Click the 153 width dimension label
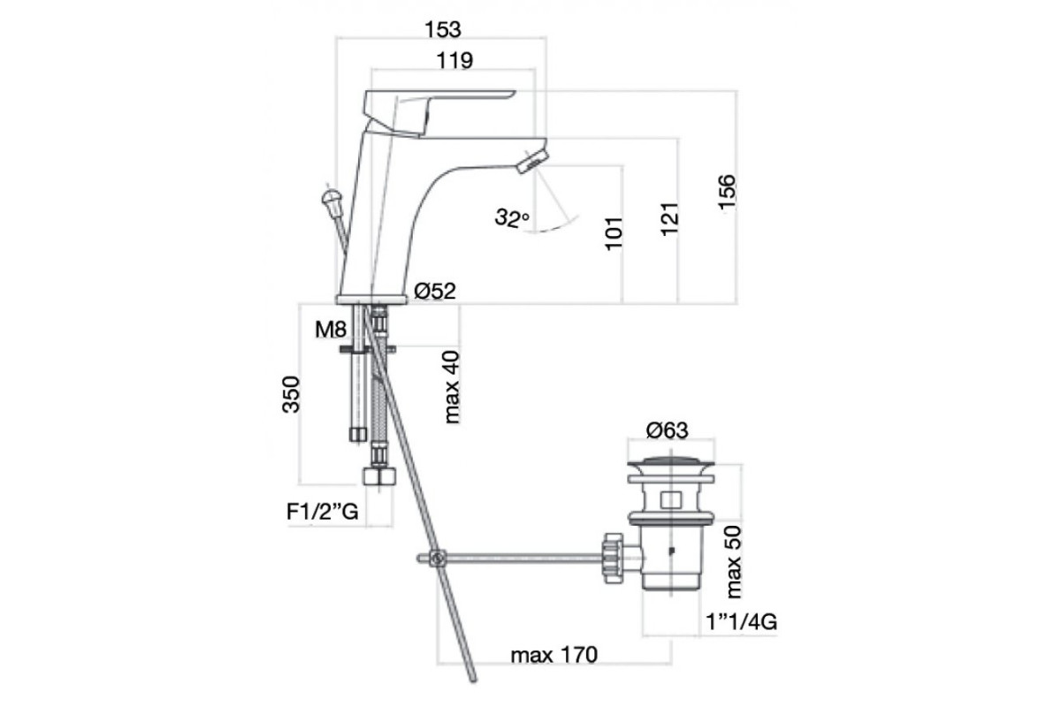(442, 29)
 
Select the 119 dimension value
(454, 61)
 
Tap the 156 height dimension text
(727, 192)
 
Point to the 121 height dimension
(670, 219)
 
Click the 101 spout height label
(614, 233)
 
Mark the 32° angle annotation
(512, 217)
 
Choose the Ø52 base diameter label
(435, 291)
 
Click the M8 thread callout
(331, 329)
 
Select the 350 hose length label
(291, 394)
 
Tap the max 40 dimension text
(452, 387)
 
